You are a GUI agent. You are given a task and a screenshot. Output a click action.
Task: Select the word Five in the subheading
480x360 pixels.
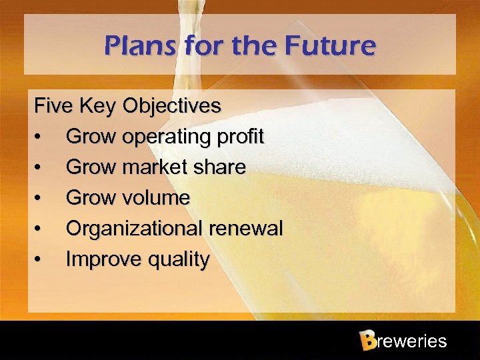pos(54,106)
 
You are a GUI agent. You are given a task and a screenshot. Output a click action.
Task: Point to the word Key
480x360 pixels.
pos(97,106)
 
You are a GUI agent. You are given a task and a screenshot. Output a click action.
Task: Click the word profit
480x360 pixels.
pos(239,137)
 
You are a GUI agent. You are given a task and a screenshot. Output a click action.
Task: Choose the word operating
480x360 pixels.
pos(165,137)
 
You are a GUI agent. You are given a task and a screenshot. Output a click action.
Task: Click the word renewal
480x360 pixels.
pos(246,229)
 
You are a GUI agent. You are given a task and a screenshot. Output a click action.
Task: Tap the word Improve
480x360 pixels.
pos(99,259)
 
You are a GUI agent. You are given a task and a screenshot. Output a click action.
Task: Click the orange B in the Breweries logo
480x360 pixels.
pos(367,341)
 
